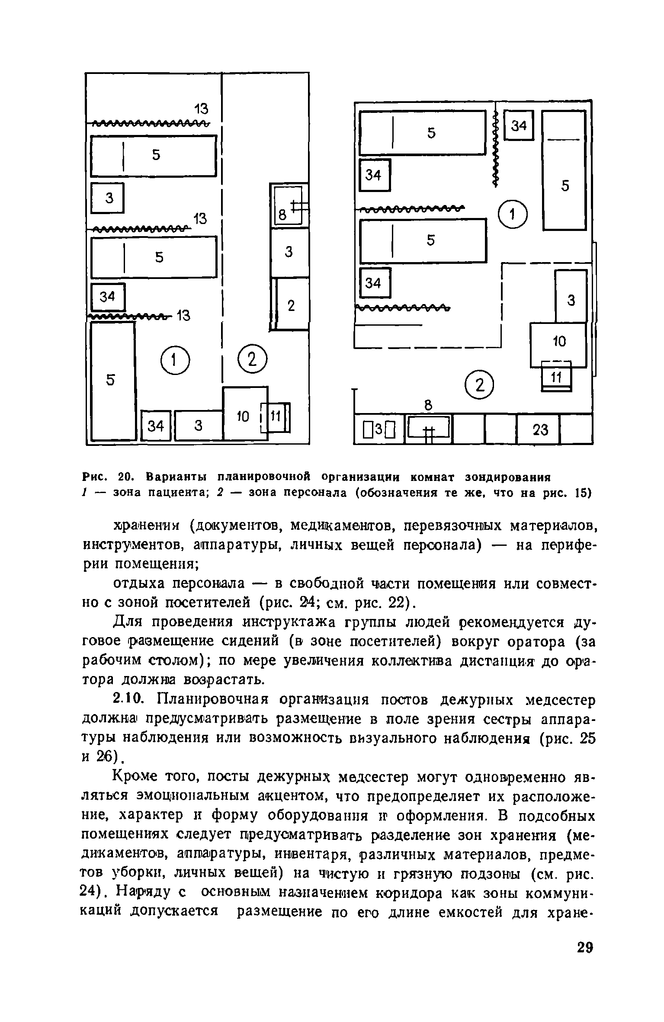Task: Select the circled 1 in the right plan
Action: tap(513, 215)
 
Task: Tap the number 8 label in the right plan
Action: tap(428, 405)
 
